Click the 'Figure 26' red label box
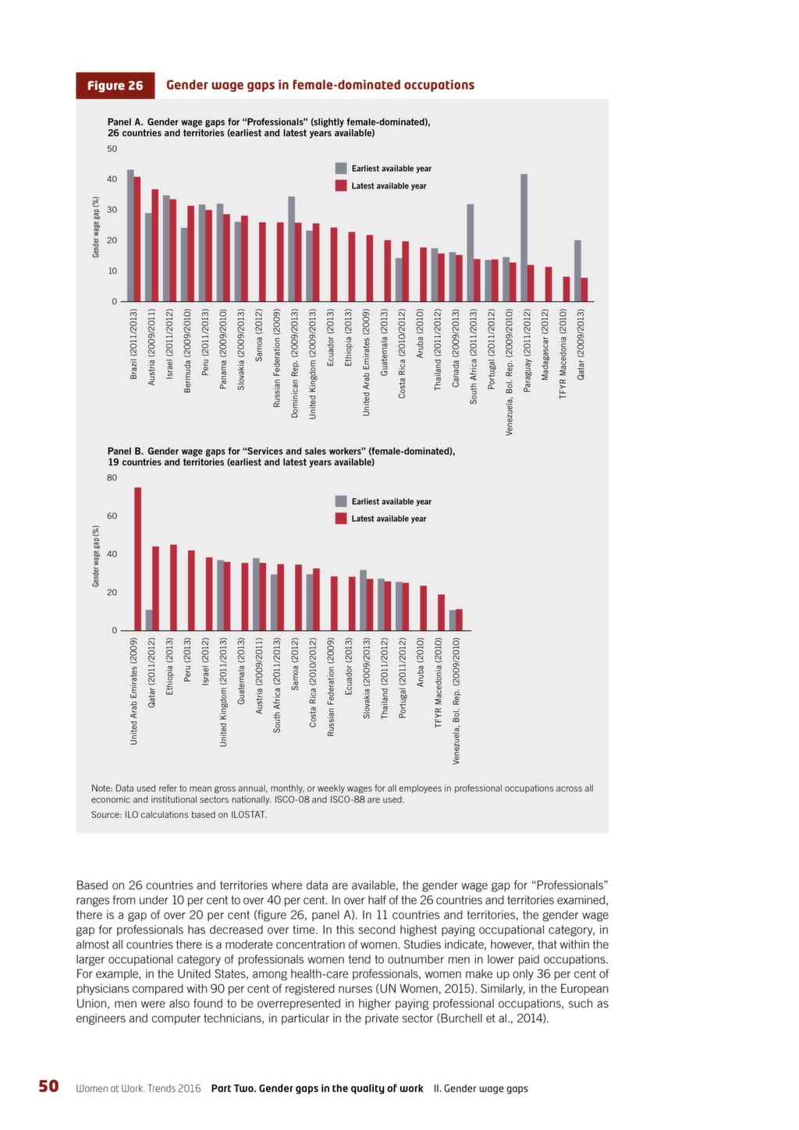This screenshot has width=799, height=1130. pyautogui.click(x=115, y=85)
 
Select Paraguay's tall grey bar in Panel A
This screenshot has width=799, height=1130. pyautogui.click(x=524, y=238)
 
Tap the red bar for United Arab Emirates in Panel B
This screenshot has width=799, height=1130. pyautogui.click(x=137, y=558)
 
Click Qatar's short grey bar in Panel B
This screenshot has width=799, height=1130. pyautogui.click(x=149, y=620)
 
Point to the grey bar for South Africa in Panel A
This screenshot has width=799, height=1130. pyautogui.click(x=471, y=253)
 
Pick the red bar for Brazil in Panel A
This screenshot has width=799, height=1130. pyautogui.click(x=137, y=239)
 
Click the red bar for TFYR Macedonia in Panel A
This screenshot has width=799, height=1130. pyautogui.click(x=566, y=289)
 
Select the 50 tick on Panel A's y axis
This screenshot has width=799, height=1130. pyautogui.click(x=112, y=149)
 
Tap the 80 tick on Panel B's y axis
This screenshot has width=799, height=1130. pyautogui.click(x=112, y=478)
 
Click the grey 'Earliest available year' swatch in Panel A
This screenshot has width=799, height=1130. pyautogui.click(x=341, y=168)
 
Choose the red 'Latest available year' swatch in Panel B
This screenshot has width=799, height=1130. pyautogui.click(x=341, y=519)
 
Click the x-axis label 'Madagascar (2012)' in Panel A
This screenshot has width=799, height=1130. pyautogui.click(x=545, y=345)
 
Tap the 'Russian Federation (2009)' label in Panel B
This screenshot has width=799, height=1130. pyautogui.click(x=331, y=686)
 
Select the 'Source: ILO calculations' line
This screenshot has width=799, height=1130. pyautogui.click(x=179, y=815)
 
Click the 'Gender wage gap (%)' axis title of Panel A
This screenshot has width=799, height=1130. pyautogui.click(x=95, y=227)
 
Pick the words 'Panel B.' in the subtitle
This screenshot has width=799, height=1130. pyautogui.click(x=126, y=452)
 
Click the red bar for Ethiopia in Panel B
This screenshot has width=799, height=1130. pyautogui.click(x=173, y=588)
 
